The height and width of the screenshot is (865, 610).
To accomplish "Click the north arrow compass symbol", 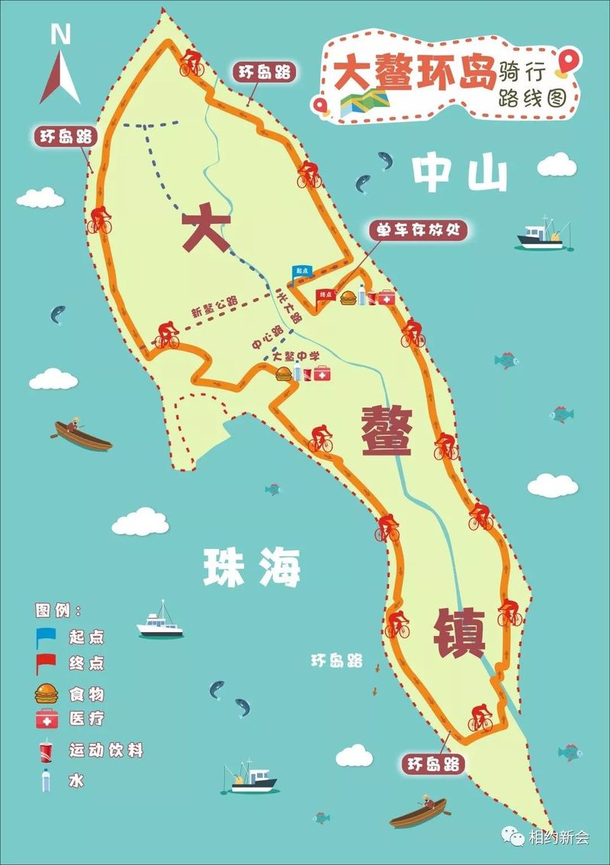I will click(60, 73).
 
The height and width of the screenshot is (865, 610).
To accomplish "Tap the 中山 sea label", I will click(459, 175).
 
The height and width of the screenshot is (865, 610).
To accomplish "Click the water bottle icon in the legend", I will click(47, 780).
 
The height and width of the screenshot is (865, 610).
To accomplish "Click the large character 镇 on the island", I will click(459, 633).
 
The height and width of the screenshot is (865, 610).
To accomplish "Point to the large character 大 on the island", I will click(206, 228).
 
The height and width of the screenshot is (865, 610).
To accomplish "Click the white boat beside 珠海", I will click(160, 622).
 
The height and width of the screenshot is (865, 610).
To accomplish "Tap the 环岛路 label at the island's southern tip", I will click(433, 764).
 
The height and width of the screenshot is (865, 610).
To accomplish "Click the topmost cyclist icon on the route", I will click(191, 62).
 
